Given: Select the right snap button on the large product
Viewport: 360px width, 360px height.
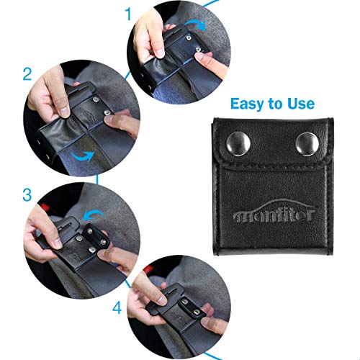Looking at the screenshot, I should coord(300,136).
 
